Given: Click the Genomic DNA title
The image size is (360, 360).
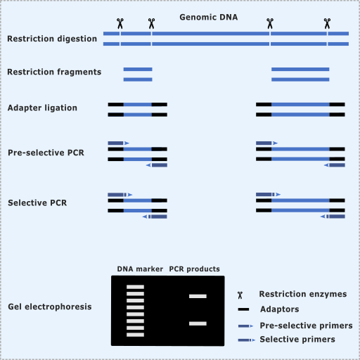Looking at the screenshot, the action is pyautogui.click(x=209, y=17).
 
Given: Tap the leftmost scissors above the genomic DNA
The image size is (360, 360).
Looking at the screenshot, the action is pyautogui.click(x=120, y=23).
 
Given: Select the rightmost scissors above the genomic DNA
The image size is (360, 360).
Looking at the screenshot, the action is pyautogui.click(x=327, y=23).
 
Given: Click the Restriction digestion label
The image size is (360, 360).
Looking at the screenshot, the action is pyautogui.click(x=52, y=39).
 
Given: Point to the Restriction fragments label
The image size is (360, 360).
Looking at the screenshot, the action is pyautogui.click(x=54, y=72).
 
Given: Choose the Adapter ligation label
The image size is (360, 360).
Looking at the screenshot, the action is pyautogui.click(x=42, y=108).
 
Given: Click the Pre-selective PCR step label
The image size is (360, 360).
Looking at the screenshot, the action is pyautogui.click(x=46, y=153).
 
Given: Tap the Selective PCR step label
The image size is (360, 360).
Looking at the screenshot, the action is pyautogui.click(x=37, y=202).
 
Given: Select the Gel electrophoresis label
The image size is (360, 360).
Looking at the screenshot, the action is pyautogui.click(x=50, y=307).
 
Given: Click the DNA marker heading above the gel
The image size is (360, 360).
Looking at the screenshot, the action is pyautogui.click(x=140, y=269).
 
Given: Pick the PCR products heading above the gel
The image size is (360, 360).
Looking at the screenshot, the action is pyautogui.click(x=194, y=269).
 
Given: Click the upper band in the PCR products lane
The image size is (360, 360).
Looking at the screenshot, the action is pyautogui.click(x=198, y=296).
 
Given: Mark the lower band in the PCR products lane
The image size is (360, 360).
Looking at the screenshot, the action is pyautogui.click(x=198, y=323).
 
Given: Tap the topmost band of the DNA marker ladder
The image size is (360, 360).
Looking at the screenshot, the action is pyautogui.click(x=135, y=287).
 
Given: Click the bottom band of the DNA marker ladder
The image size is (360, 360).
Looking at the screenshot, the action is pyautogui.click(x=135, y=335).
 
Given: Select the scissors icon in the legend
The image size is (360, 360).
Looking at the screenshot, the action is pyautogui.click(x=240, y=295).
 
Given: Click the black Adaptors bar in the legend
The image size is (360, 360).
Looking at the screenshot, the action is pyautogui.click(x=243, y=309).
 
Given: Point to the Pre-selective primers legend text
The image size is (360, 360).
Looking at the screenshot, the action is pyautogui.click(x=306, y=326).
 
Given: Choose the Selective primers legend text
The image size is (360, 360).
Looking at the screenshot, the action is pyautogui.click(x=297, y=340).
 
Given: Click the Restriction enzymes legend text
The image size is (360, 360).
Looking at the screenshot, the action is pyautogui.click(x=303, y=294).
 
